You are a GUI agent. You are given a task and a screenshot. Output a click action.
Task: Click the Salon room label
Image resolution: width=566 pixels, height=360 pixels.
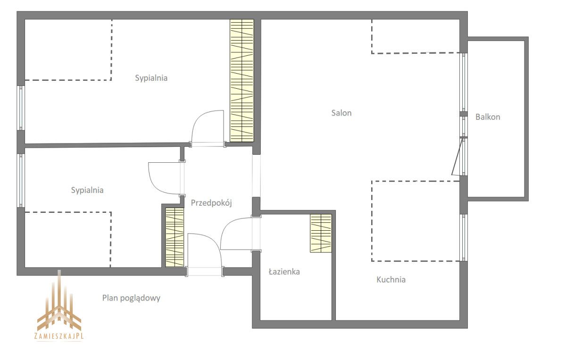coord(341,113)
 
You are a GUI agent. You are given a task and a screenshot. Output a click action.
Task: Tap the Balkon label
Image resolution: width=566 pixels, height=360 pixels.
coord(488,117)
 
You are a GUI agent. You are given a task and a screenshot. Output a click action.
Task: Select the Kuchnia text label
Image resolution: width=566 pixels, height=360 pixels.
coord(391,279)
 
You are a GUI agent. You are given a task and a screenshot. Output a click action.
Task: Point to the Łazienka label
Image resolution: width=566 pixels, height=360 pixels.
coord(284,271)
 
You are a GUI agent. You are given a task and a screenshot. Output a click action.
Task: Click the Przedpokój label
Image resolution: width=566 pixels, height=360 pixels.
coord(211,203)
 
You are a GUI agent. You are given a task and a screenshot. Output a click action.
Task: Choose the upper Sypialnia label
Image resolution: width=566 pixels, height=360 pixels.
coord(151,78)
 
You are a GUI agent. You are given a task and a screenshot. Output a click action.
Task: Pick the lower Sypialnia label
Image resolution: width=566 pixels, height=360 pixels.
coord(87,190)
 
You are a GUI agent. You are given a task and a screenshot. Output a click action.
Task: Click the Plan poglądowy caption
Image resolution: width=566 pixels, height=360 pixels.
coord(131,298)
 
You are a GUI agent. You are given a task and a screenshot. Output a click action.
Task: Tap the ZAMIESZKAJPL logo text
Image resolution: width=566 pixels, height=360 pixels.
coord(59,336)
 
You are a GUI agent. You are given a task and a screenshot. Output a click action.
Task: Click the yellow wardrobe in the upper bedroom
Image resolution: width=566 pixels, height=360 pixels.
coord(242,80)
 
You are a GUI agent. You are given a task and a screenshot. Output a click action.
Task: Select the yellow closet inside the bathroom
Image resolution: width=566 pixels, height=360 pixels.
coord(321,233)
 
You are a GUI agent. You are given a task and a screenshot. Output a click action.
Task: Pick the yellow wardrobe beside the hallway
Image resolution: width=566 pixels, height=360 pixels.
coord(175,237)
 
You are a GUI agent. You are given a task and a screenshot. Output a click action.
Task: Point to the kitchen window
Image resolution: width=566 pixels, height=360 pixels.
coord(463,238)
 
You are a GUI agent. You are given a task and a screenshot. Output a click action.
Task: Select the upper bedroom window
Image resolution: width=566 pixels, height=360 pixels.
coord(21,108)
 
